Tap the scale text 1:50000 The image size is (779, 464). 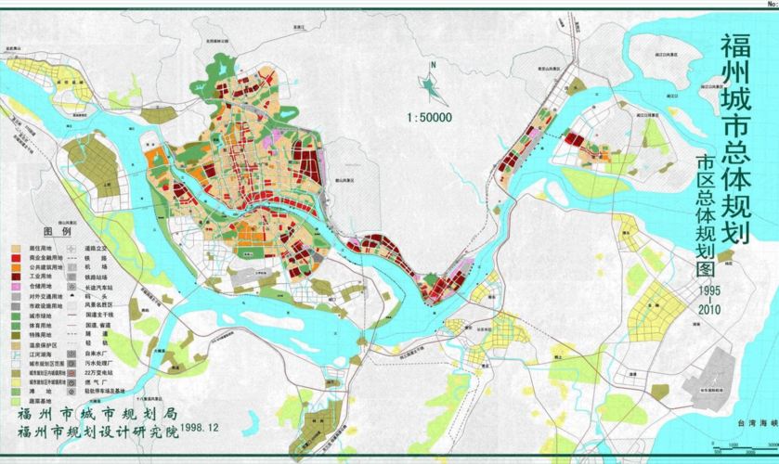click(428, 118)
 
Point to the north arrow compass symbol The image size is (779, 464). click(429, 84)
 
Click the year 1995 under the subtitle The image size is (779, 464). click(709, 290)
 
